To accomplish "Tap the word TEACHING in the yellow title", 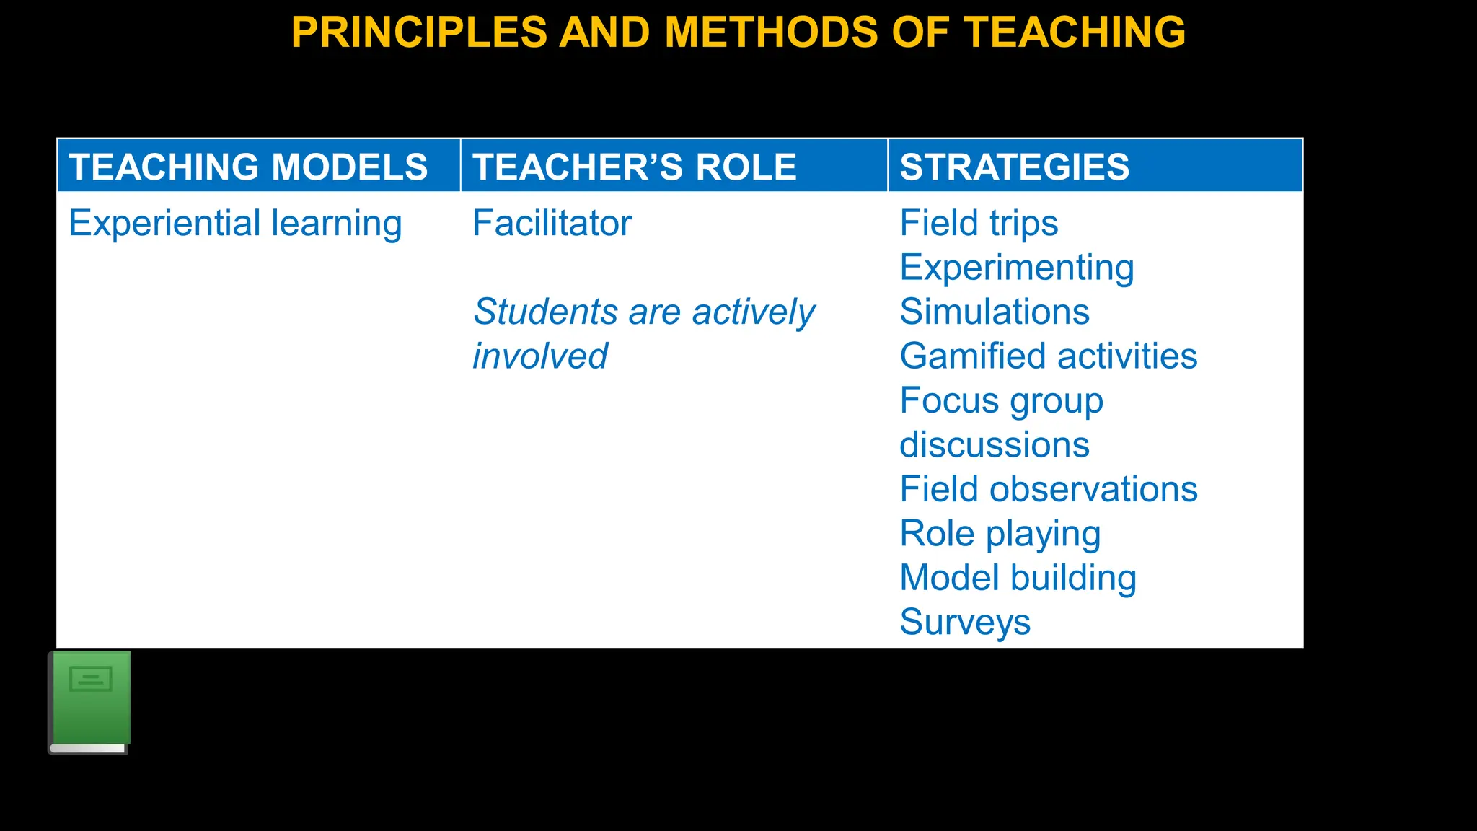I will pos(1075,32).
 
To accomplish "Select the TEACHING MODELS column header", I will pos(248,167).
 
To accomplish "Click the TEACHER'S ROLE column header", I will pos(634,167).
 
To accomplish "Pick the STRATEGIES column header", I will pos(1014,167).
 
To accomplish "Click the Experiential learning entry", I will pos(235,223).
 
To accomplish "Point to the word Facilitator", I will pos(552,223).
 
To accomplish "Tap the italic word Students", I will pos(544,312).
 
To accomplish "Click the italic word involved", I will pos(539,356).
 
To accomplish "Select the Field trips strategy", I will pos(979,223).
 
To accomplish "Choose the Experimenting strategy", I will pos(1016,268).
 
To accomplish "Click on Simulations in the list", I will pos(994,312).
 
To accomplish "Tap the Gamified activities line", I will pos(1048,356).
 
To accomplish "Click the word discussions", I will pos(994,445).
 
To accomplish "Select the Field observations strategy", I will pos(1048,489).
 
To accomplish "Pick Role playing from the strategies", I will pos(1000,534).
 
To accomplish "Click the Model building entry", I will pos(1018,578).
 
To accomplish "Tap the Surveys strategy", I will pos(965,623).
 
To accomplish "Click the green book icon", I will pos(90,702).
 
